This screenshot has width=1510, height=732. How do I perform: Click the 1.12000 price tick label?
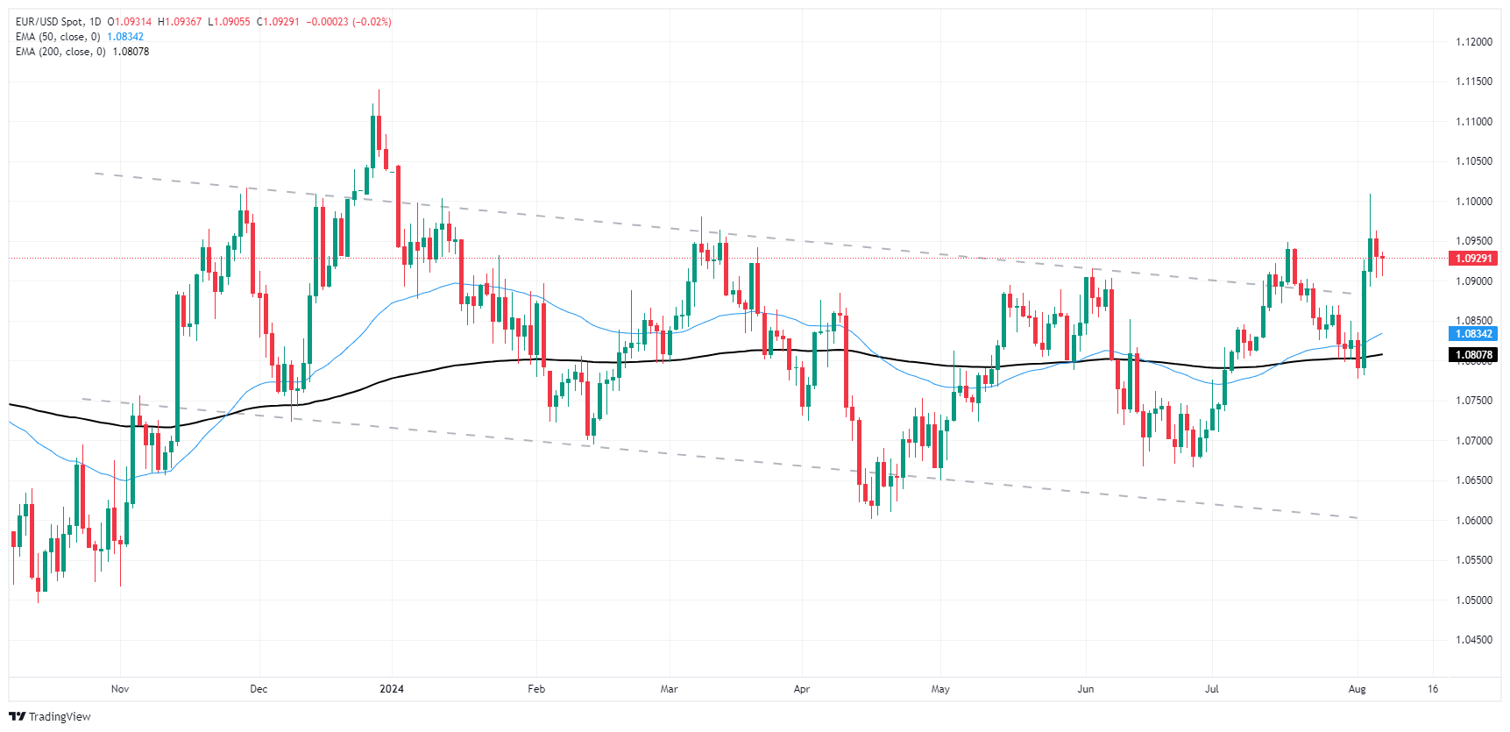(1473, 42)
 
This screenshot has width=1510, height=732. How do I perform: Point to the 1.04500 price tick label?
(1473, 640)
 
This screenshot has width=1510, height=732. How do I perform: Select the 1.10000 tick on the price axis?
(1473, 202)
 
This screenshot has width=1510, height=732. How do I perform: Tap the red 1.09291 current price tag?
(1473, 259)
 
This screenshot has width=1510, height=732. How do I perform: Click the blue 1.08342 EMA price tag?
(1473, 334)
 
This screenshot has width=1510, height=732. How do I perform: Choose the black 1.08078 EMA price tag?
(1473, 355)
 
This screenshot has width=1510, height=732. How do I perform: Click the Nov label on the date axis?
(120, 689)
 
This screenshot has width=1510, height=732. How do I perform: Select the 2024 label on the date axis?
(392, 689)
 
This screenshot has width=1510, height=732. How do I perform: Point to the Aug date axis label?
(1357, 689)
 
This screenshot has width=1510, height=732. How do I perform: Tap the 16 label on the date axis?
(1433, 689)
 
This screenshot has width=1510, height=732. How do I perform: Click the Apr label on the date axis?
(801, 689)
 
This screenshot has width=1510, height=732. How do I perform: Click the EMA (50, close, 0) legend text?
(58, 37)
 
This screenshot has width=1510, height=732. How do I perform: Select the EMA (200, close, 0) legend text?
(60, 52)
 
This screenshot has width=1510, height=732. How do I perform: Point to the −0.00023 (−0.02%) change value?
(349, 22)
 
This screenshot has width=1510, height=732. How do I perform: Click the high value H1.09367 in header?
(180, 22)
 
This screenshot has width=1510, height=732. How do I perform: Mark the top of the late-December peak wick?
(379, 90)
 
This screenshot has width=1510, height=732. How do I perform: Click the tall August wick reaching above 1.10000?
(1370, 196)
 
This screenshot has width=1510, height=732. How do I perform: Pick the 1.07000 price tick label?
(1473, 441)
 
